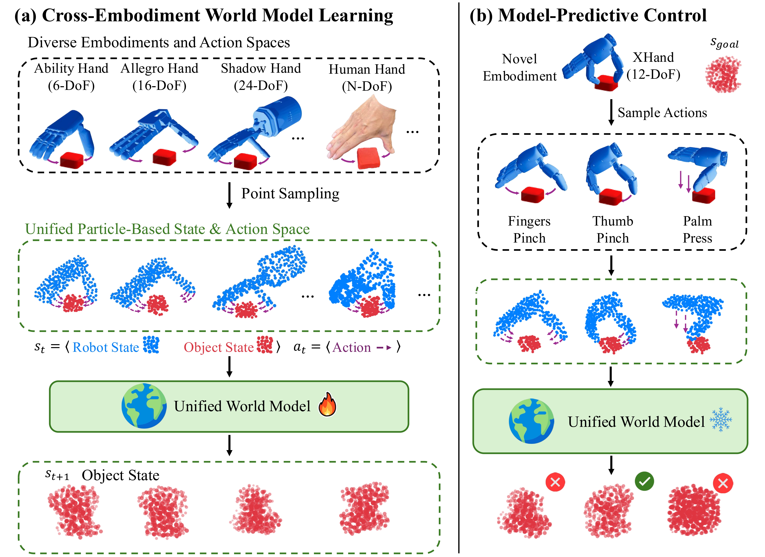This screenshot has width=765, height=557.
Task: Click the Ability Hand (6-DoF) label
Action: [x=71, y=77]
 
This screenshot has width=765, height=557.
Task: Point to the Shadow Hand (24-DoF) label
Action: [x=261, y=77]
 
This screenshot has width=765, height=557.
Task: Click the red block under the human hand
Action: [x=368, y=158]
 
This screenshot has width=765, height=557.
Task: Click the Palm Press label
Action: [x=697, y=229]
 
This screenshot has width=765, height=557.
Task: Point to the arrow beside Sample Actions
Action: [x=611, y=112]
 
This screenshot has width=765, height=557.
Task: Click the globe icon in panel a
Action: [x=144, y=406]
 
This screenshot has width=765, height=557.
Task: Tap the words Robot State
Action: [x=106, y=347]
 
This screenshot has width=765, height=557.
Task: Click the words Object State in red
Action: [x=219, y=347]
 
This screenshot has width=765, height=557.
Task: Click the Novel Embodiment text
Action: [x=519, y=67]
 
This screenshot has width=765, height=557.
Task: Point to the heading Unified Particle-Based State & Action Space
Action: [x=167, y=229]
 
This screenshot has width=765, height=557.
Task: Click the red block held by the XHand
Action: [x=606, y=83]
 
